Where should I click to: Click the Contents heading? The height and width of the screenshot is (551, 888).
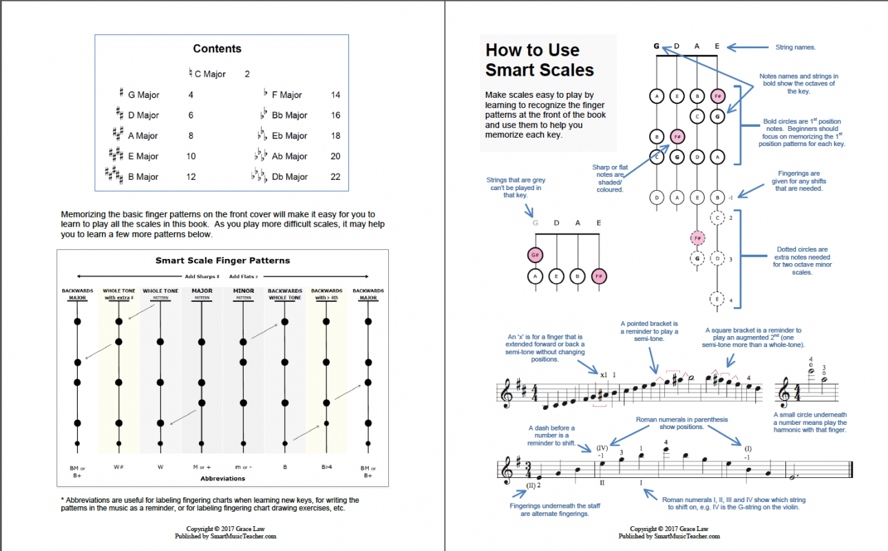point(217,49)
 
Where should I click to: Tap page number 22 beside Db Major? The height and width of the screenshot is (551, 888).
point(335,177)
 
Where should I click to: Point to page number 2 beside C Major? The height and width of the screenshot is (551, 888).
point(247,74)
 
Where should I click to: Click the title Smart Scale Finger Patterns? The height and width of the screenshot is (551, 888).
point(222,260)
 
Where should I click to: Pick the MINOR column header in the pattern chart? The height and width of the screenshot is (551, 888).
point(243,291)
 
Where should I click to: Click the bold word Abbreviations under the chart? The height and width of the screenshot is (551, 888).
point(222,478)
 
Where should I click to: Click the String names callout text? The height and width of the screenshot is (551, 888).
point(795,48)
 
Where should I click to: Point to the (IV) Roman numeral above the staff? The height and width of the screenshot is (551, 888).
point(602,448)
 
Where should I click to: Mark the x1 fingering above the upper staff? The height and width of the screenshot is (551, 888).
point(603,375)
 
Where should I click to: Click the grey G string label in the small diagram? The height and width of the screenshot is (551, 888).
point(536,223)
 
